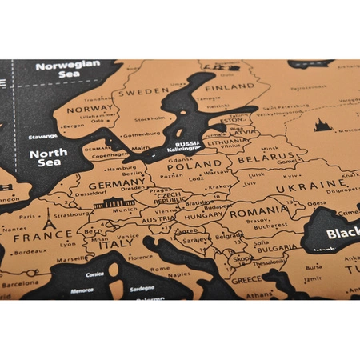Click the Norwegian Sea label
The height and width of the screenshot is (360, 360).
tap(68, 70)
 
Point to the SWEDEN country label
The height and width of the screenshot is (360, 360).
tap(144, 92)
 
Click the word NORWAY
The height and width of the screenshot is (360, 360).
tap(89, 110)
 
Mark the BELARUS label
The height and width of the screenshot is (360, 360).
tap(259, 159)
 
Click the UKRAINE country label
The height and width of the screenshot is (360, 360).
tap(303, 187)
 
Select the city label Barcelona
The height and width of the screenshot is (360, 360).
tap(19, 283)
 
